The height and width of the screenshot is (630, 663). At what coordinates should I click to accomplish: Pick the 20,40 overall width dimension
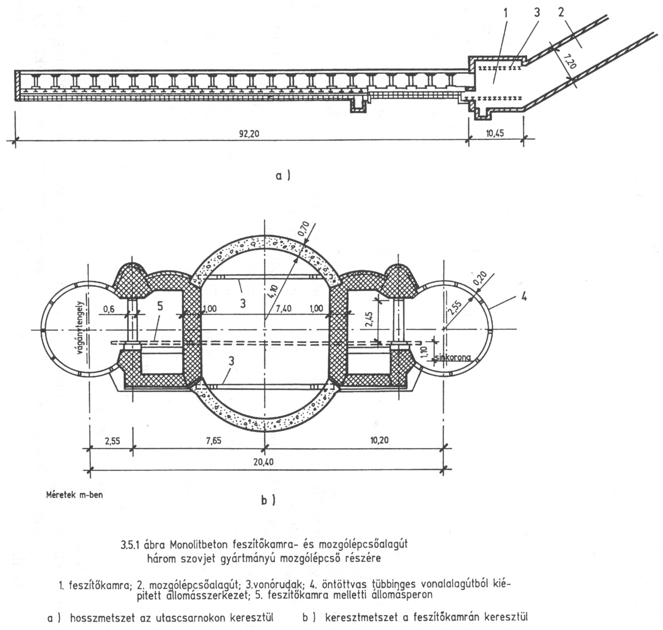click(263, 462)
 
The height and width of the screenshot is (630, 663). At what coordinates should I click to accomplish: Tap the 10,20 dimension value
click(381, 441)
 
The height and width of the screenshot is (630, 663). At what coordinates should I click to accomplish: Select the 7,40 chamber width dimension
click(283, 309)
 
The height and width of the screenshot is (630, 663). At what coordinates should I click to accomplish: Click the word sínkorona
click(452, 357)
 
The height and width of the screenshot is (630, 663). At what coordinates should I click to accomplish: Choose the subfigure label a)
click(283, 176)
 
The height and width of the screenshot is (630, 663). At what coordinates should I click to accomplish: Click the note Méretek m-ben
click(74, 494)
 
